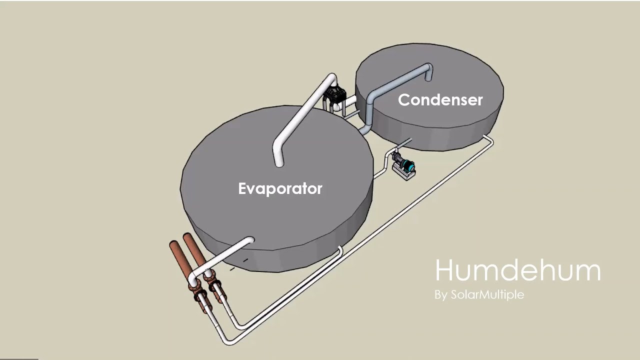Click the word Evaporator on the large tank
[280, 188]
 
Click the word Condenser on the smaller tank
[440, 99]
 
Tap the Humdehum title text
[517, 270]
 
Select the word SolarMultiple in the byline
[487, 294]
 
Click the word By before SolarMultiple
[441, 295]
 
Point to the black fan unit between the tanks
[334, 95]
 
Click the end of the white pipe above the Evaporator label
[279, 163]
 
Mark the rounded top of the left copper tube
[173, 245]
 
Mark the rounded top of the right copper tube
[187, 237]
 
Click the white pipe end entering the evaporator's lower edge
[249, 240]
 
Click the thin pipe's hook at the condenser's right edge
[489, 139]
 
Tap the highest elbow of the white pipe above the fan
[332, 78]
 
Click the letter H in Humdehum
[443, 270]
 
